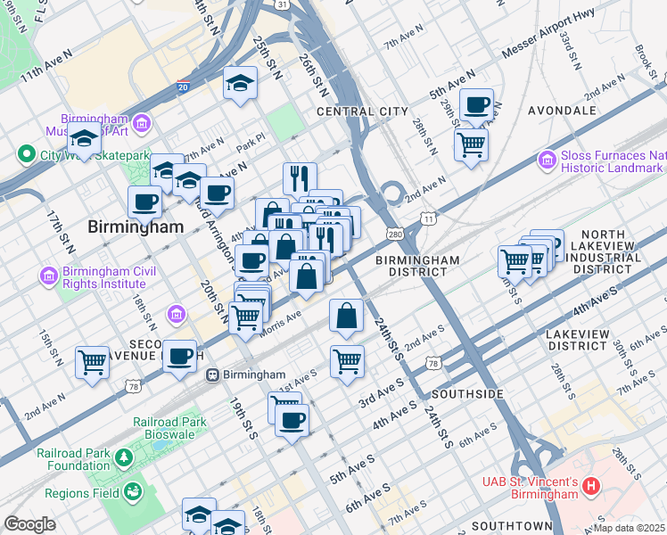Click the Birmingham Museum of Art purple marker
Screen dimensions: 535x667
(142, 122)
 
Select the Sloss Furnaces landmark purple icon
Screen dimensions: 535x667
(547, 160)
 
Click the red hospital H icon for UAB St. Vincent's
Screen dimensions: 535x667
(591, 487)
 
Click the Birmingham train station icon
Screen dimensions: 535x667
(213, 374)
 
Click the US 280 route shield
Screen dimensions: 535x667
(394, 234)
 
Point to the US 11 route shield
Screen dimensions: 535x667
(430, 218)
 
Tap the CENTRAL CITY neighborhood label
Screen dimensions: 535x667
(363, 111)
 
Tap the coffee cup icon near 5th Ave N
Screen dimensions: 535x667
(476, 103)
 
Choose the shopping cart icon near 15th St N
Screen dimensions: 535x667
(93, 362)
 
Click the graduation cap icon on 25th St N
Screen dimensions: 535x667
(240, 84)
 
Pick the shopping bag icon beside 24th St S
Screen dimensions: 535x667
(347, 316)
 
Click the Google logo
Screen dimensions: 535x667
(29, 523)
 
